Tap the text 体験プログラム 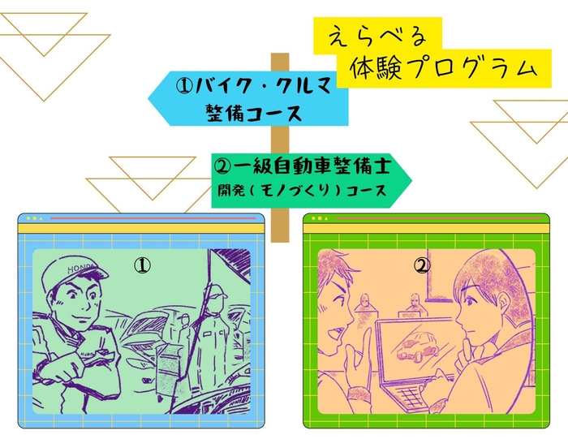click(443, 69)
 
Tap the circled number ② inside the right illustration click(422, 265)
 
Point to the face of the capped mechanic click(81, 301)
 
